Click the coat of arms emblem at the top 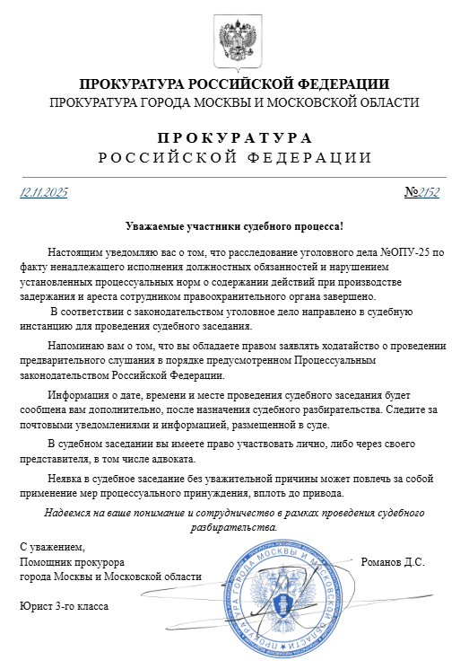(234, 38)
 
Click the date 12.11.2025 (44, 192)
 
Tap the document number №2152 (422, 192)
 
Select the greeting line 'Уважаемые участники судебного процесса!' (234, 228)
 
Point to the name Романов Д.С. (392, 562)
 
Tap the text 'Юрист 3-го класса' (64, 606)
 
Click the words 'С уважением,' (52, 547)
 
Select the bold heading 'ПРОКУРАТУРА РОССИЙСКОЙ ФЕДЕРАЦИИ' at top (234, 84)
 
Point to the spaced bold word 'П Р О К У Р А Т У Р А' (234, 138)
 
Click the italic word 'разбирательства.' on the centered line (234, 527)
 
